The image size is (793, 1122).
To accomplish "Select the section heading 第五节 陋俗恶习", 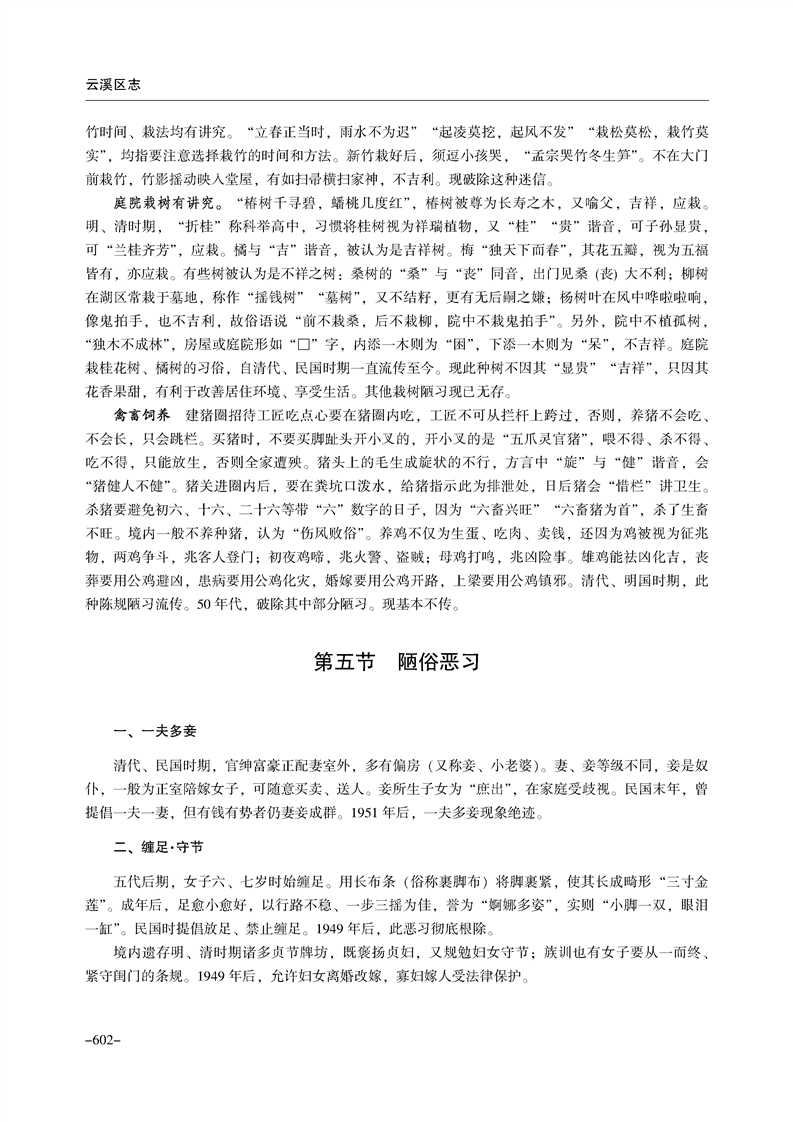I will (x=397, y=662).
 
